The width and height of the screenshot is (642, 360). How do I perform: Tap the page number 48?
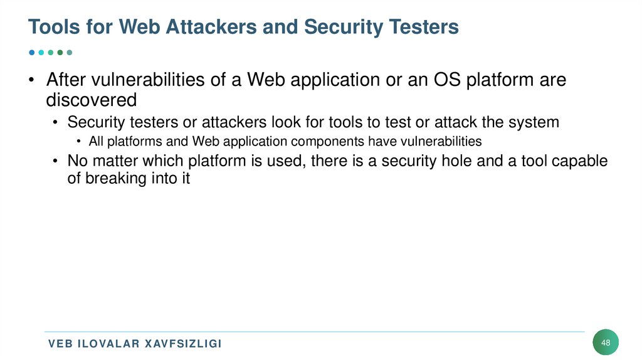coord(606,342)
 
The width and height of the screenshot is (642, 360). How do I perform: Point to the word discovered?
coord(91,99)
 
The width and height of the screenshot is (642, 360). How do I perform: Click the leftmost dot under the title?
coord(32,52)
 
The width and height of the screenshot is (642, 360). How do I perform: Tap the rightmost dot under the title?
coord(70,52)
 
